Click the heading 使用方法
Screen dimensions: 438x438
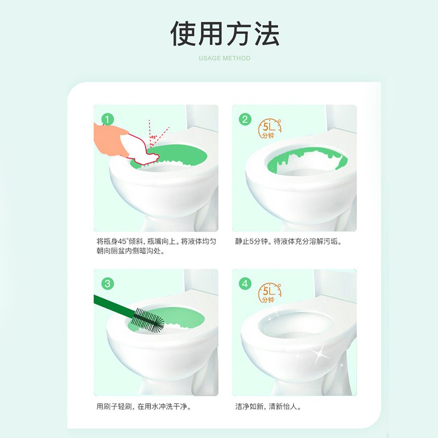pyautogui.click(x=224, y=34)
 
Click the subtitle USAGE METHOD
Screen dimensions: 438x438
pyautogui.click(x=224, y=58)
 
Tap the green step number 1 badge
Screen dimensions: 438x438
pyautogui.click(x=108, y=119)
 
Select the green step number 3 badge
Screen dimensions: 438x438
pyautogui.click(x=108, y=283)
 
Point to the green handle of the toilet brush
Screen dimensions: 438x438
pyautogui.click(x=112, y=304)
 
